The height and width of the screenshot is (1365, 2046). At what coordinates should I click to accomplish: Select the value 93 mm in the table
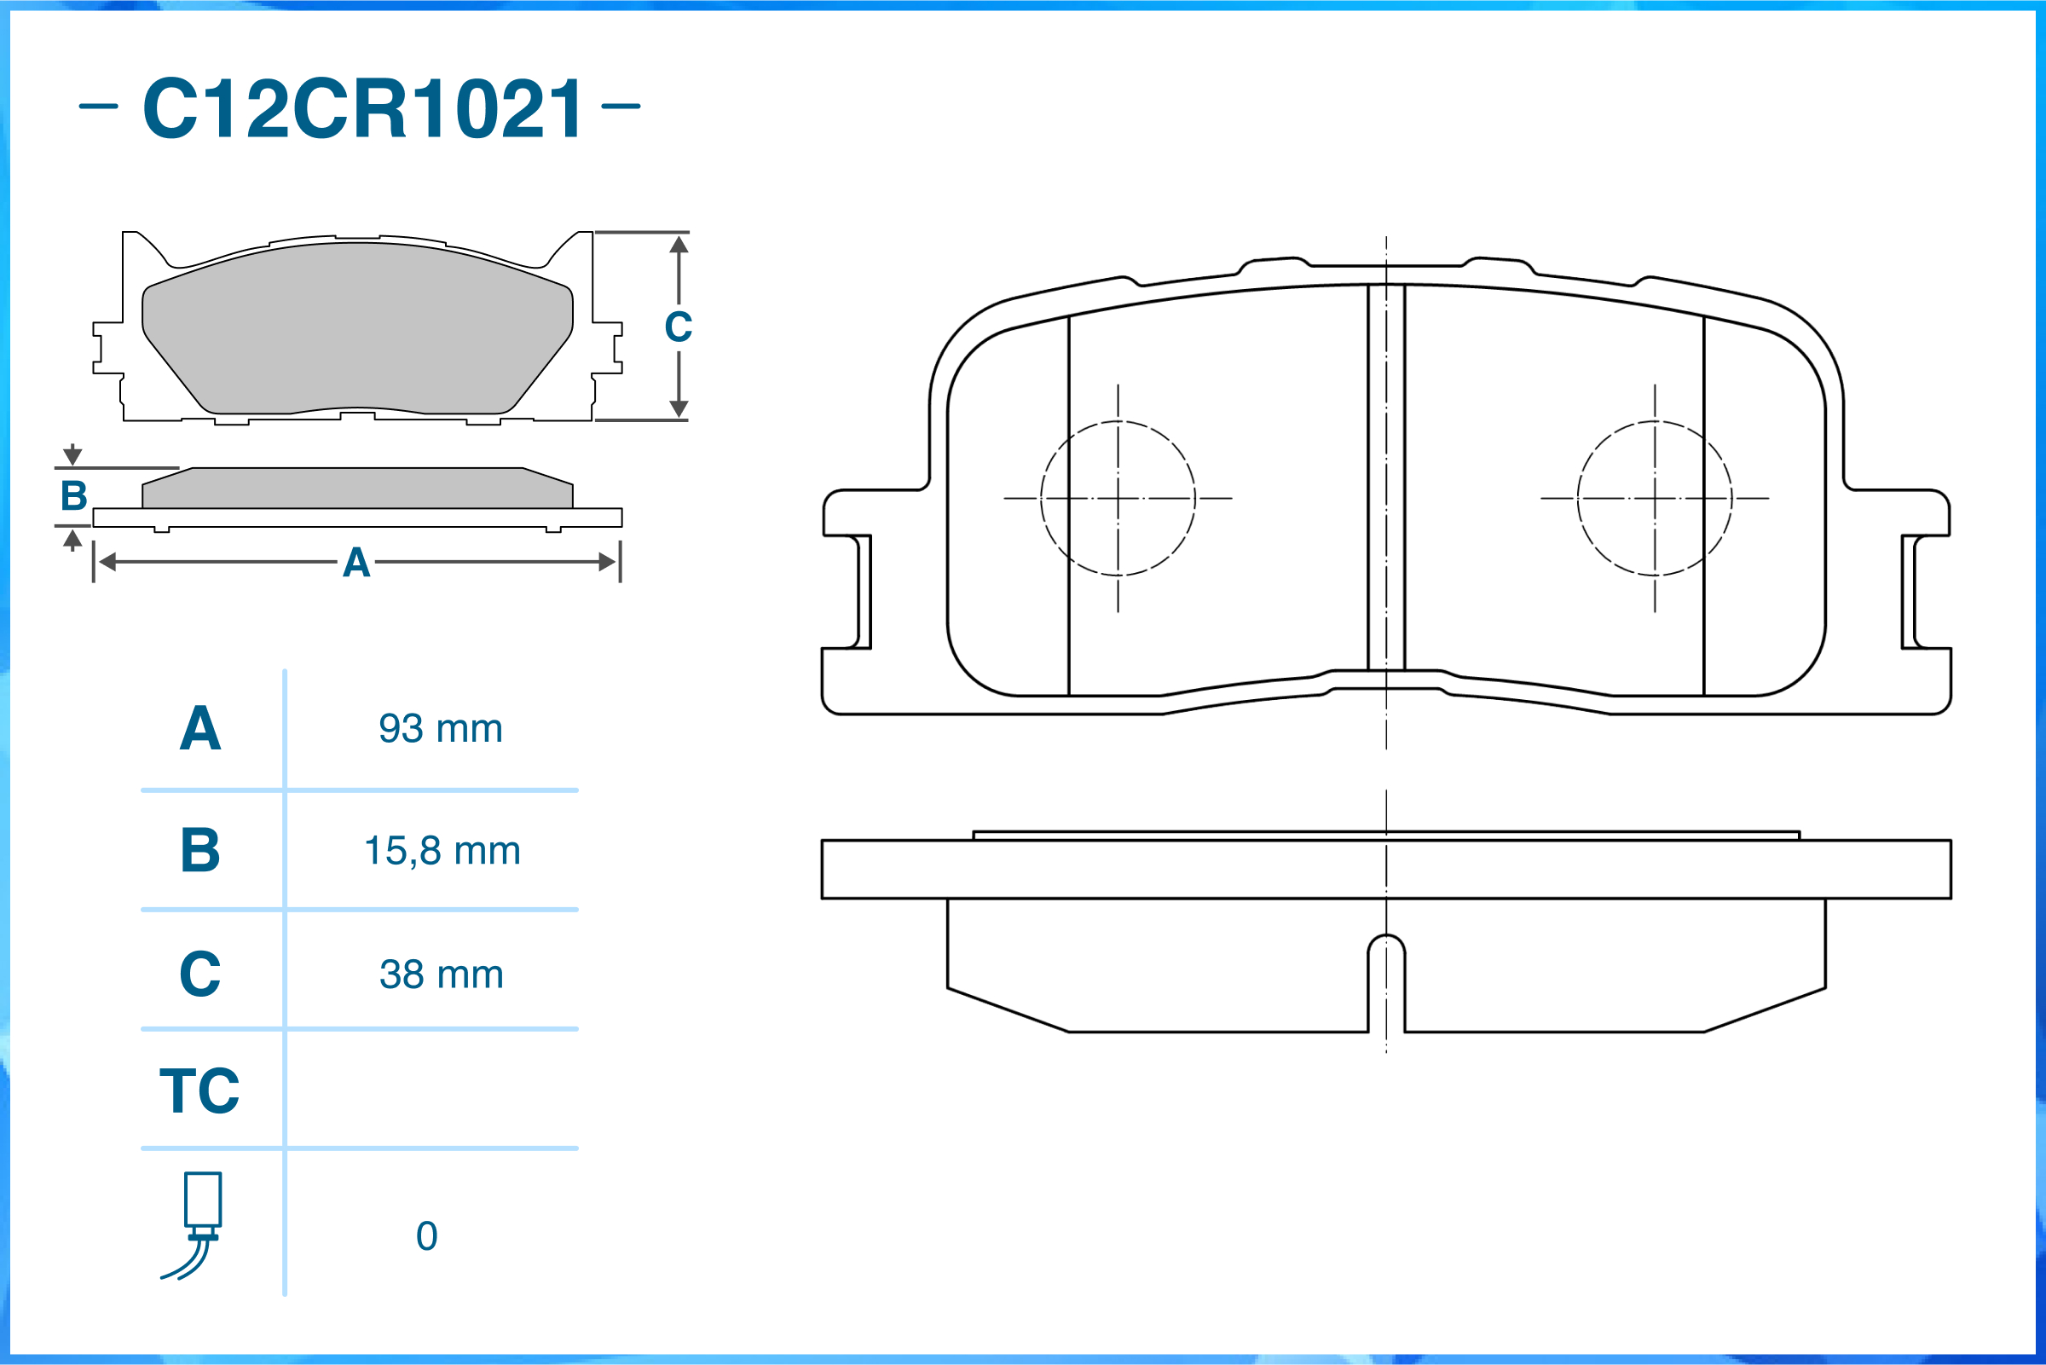click(x=441, y=729)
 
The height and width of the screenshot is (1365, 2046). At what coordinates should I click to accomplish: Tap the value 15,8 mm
click(x=442, y=851)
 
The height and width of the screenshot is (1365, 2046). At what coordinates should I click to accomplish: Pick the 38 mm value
click(x=442, y=975)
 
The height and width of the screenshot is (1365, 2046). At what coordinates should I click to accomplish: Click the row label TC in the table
click(x=199, y=1090)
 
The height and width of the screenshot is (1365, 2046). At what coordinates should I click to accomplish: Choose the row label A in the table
click(x=200, y=729)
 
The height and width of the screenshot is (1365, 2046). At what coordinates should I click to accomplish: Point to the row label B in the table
click(x=200, y=851)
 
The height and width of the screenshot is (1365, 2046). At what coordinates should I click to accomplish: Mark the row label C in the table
click(x=200, y=975)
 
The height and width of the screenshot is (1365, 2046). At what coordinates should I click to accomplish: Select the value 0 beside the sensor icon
click(x=426, y=1236)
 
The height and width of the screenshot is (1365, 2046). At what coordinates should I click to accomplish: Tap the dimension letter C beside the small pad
click(x=678, y=327)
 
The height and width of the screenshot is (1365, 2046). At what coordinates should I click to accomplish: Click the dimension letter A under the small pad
click(x=356, y=564)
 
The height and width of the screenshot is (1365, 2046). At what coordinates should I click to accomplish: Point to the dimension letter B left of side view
click(x=74, y=496)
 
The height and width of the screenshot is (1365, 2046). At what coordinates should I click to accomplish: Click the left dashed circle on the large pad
click(x=1118, y=498)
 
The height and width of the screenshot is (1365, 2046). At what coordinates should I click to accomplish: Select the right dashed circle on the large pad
click(x=1655, y=498)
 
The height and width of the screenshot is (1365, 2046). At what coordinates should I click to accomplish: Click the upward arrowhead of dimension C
click(x=679, y=245)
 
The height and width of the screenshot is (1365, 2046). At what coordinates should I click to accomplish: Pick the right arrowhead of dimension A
click(x=608, y=563)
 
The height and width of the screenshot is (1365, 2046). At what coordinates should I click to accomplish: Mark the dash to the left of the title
click(x=98, y=107)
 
